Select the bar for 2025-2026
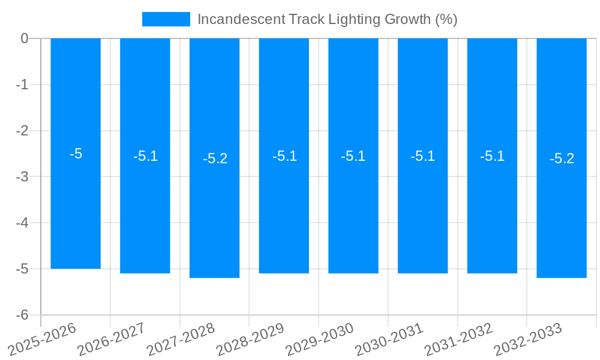(76, 210)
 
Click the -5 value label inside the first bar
(76, 154)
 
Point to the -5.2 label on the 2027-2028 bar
(215, 158)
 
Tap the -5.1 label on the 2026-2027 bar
(145, 156)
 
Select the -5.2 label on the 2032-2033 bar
(562, 158)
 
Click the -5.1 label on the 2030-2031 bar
(423, 156)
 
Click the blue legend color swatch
(166, 19)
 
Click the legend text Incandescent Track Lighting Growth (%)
(327, 19)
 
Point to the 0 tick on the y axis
(25, 38)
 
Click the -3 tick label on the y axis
(22, 176)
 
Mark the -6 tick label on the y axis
(22, 315)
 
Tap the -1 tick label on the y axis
(22, 85)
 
